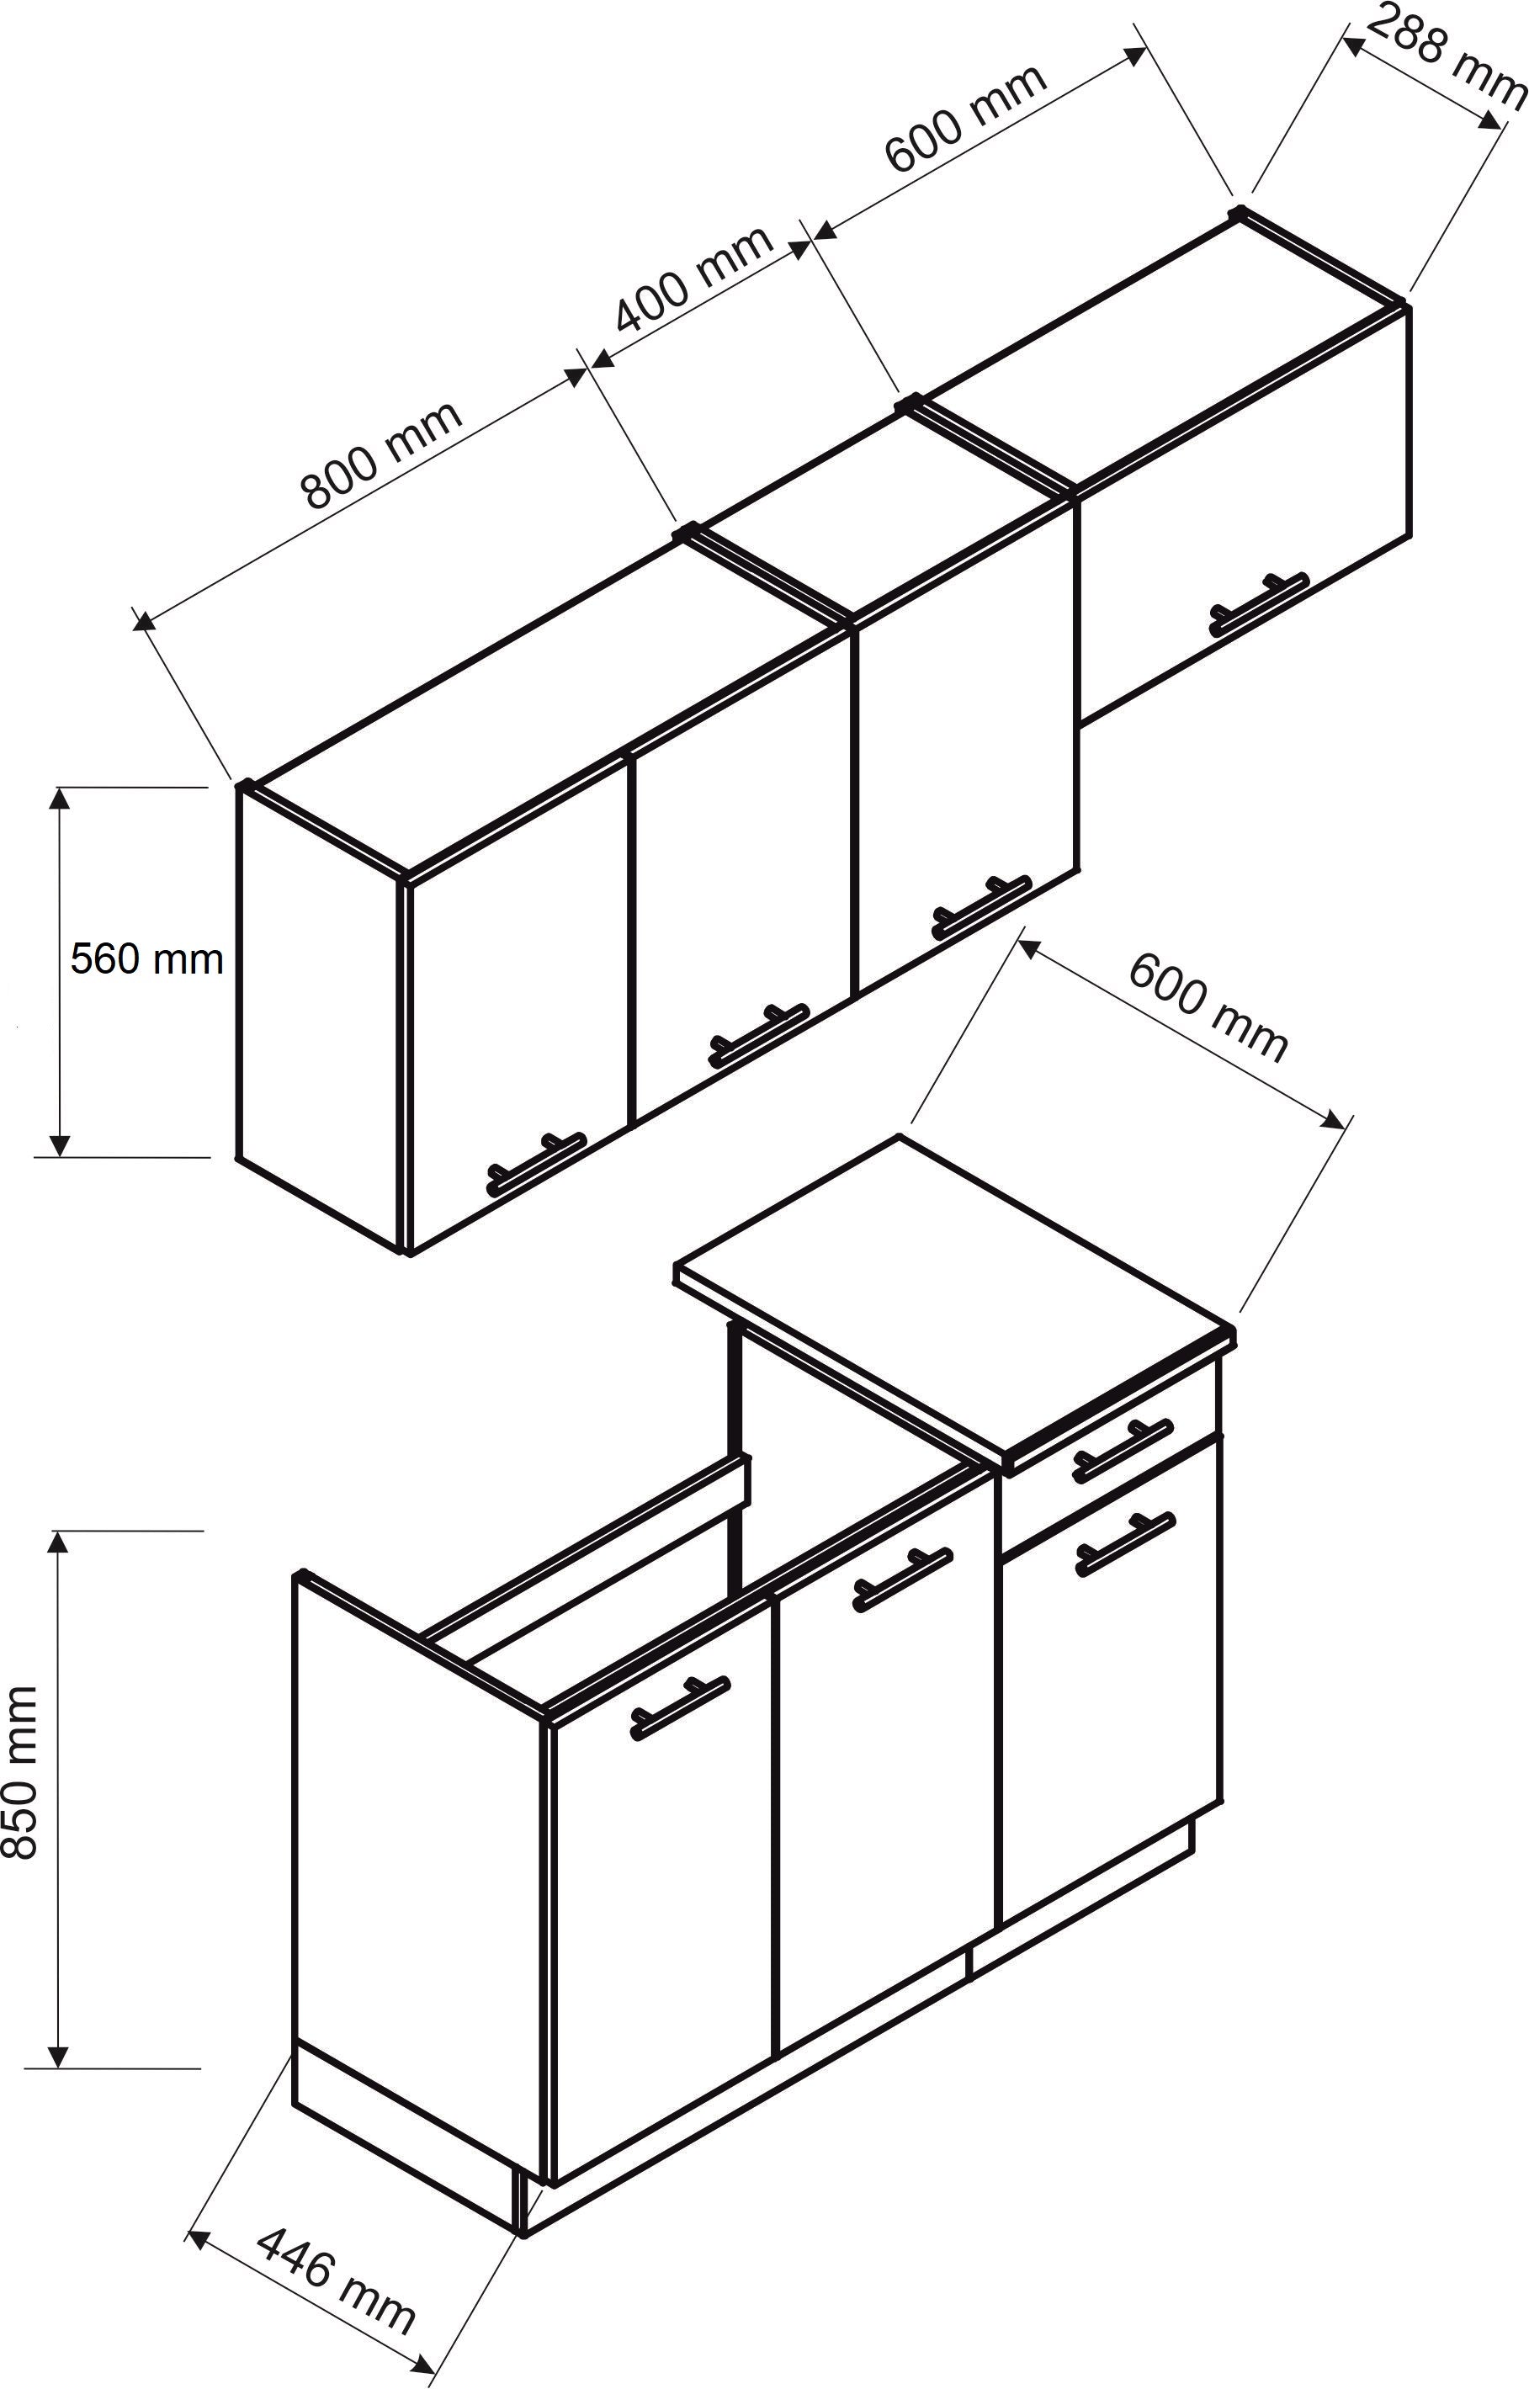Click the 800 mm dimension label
pos(381,456)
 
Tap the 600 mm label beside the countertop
pos(1208,1008)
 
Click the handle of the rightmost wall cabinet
pos(1259,605)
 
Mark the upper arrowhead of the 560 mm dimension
pos(61,798)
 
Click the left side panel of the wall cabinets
pos(321,1017)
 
